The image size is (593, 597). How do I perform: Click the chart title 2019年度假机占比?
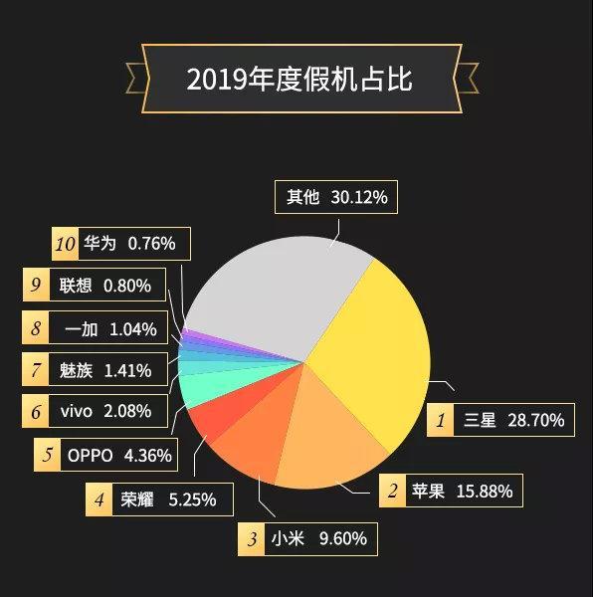299,79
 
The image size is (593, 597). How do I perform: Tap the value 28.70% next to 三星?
535,420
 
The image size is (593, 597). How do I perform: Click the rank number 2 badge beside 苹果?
393,491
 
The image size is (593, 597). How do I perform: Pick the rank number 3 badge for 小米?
252,539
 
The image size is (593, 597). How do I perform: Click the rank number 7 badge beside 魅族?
36,371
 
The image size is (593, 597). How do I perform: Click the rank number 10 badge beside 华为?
65,243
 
